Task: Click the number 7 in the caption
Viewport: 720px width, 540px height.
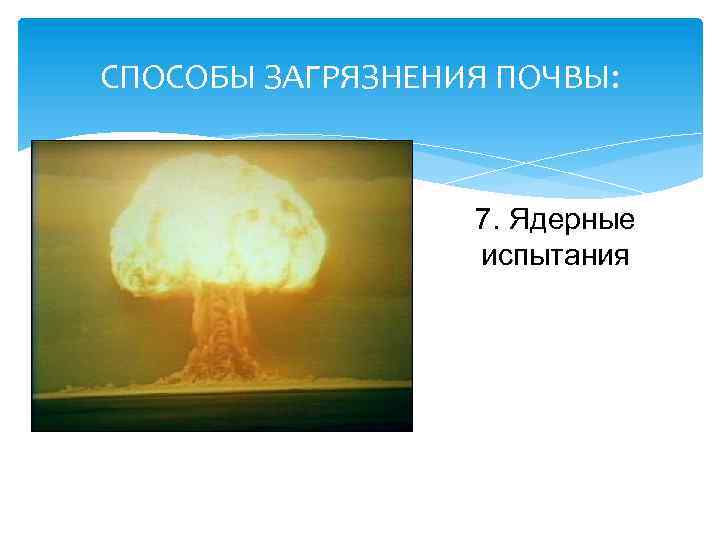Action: tap(485, 219)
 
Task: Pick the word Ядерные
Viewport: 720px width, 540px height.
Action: tap(571, 219)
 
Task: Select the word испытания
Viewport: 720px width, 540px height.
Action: tap(555, 255)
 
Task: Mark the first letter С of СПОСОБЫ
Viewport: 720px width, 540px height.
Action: tap(110, 77)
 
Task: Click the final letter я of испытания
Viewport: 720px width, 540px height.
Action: tap(621, 257)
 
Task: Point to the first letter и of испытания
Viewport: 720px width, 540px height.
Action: tap(489, 257)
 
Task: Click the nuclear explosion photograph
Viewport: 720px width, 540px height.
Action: tap(222, 285)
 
